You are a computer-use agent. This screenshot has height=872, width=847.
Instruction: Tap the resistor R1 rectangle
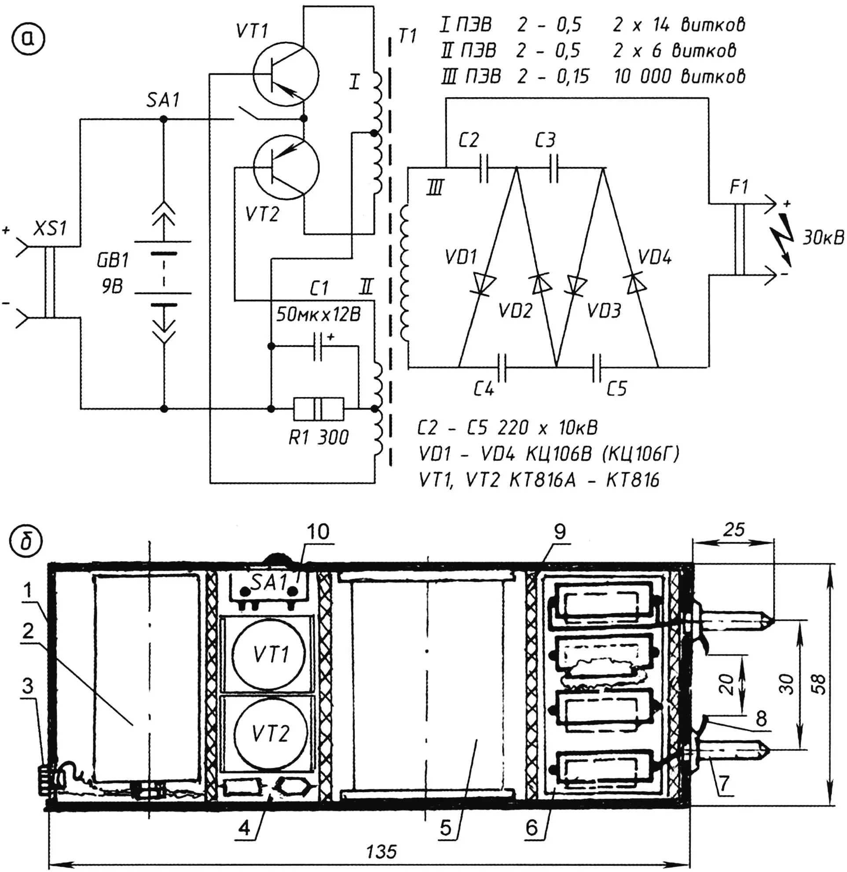[318, 409]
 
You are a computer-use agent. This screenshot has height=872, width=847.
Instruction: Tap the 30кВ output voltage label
[823, 238]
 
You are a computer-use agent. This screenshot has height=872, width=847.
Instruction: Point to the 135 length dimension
[381, 851]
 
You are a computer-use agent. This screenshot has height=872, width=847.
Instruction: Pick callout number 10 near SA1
[318, 531]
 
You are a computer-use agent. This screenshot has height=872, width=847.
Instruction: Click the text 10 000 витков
[679, 77]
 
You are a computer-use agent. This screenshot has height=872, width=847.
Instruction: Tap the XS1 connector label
[50, 229]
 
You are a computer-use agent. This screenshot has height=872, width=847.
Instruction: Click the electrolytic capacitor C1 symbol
[318, 346]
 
